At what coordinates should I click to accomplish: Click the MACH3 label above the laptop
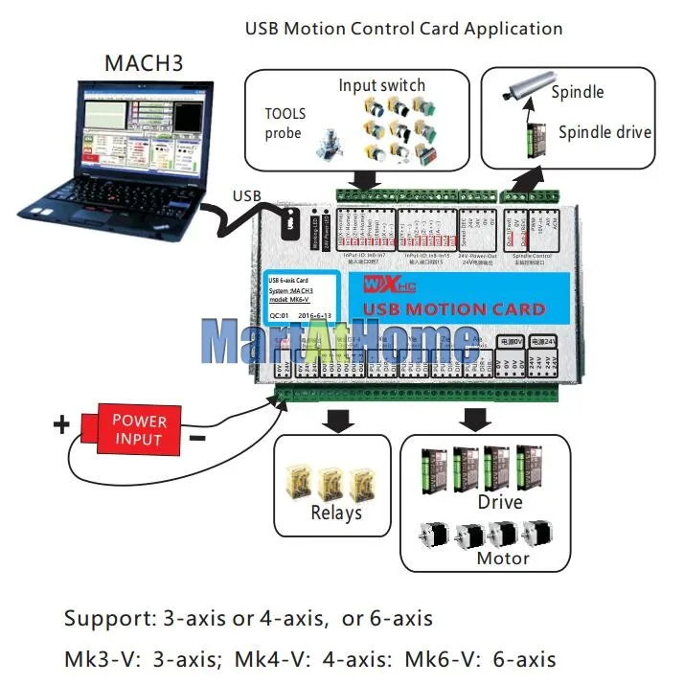tap(145, 64)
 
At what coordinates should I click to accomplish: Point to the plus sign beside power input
tap(62, 424)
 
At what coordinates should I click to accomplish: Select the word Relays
tap(336, 513)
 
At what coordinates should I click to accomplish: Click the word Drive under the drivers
tap(499, 502)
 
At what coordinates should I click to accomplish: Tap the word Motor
tap(503, 559)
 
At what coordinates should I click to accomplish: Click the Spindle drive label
tap(604, 132)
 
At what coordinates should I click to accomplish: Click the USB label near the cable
tap(246, 196)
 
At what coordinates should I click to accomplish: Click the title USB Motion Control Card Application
tap(403, 29)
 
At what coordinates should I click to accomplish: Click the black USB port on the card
tap(290, 225)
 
